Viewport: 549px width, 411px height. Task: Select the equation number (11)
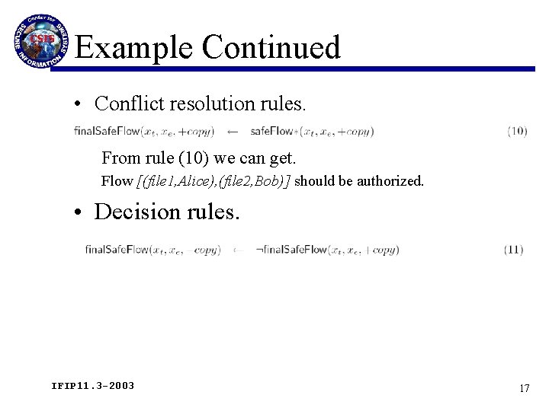tap(513, 249)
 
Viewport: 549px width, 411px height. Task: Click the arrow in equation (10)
tap(233, 132)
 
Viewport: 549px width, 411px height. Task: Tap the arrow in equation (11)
tap(239, 250)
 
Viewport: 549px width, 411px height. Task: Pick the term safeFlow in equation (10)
tap(272, 132)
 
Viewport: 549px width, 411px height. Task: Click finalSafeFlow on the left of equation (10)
tap(108, 132)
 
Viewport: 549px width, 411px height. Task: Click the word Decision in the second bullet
tap(136, 211)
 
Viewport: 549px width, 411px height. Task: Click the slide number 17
tap(524, 388)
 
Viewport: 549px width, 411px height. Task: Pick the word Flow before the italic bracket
tap(117, 181)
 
